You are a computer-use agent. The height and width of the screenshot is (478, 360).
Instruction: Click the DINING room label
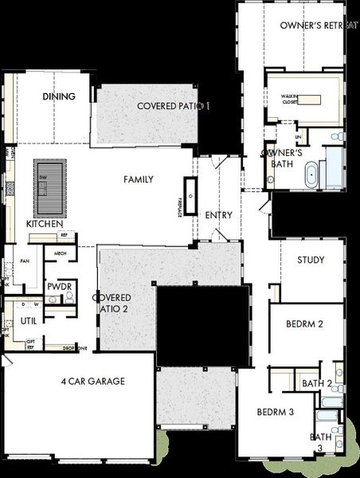59,96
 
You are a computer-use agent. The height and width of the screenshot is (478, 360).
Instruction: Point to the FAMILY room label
138,179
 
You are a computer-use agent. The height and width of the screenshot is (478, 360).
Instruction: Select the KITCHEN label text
44,225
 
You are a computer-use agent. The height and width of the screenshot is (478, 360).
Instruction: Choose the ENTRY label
218,215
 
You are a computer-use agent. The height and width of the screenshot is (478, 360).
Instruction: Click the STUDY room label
311,260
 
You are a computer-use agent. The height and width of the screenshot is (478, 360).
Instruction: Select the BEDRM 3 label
276,412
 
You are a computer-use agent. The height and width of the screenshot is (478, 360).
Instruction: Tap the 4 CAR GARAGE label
93,382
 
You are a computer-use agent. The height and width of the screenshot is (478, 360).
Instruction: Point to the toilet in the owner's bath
337,137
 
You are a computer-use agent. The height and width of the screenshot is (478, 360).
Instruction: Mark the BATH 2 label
317,384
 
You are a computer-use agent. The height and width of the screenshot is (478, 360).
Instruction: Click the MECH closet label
60,253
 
